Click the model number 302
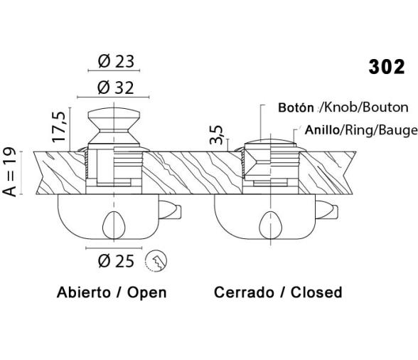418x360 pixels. (x=387, y=67)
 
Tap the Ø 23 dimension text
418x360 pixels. (x=116, y=61)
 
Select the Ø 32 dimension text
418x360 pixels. (x=115, y=88)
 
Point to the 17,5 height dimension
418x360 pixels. (x=58, y=127)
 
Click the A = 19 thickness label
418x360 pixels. (x=9, y=172)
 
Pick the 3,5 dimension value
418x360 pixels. (x=216, y=134)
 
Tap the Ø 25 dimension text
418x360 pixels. (x=116, y=261)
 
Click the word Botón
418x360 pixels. (x=296, y=107)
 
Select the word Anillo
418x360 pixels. (x=322, y=130)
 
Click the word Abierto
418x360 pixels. (x=84, y=292)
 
